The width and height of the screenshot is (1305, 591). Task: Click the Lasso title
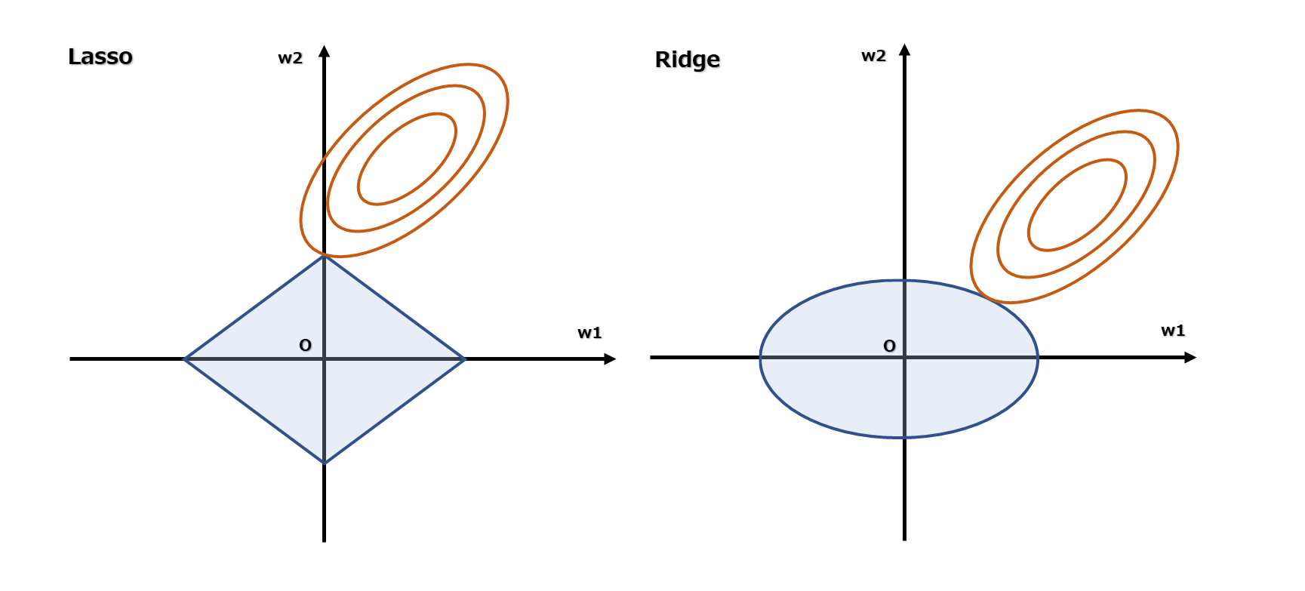[x=100, y=57]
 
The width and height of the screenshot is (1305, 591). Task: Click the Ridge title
[x=687, y=60]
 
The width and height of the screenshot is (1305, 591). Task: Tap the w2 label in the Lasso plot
[x=290, y=58]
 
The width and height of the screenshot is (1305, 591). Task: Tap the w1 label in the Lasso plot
[x=589, y=333]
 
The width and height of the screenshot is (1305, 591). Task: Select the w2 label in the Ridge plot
[x=873, y=56]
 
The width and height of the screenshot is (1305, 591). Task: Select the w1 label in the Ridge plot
[x=1172, y=331]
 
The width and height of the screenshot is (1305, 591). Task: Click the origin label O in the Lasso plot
[x=305, y=346]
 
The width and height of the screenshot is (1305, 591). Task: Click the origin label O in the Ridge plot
[x=889, y=346]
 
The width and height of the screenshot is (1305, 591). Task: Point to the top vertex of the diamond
[x=324, y=257]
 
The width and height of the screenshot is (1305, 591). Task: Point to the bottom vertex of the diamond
[x=324, y=462]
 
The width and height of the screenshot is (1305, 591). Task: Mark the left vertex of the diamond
[x=185, y=359]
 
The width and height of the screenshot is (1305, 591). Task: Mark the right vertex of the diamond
[x=465, y=359]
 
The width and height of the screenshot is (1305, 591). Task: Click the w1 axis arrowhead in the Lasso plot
[x=611, y=359]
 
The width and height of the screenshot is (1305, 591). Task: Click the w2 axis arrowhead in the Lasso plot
[x=324, y=51]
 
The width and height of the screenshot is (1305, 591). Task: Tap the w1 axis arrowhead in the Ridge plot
[x=1190, y=357]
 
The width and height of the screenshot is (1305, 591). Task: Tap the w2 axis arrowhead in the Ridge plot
[x=904, y=50]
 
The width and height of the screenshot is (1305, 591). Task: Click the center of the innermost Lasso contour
[x=407, y=159]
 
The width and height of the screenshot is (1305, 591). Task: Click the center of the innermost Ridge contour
[x=1077, y=205]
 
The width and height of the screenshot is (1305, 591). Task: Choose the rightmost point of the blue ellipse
[x=1038, y=359]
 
